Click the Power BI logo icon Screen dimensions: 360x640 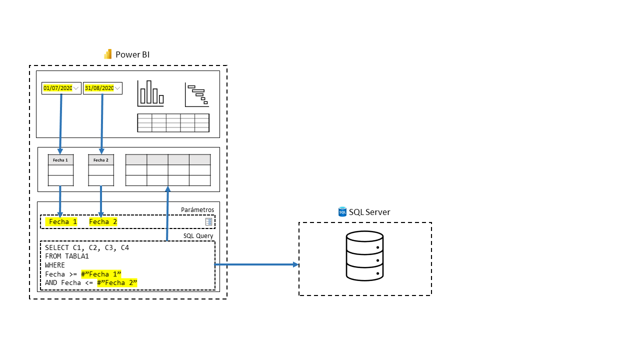pos(107,54)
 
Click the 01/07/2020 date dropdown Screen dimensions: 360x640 pos(61,88)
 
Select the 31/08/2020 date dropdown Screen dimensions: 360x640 pos(102,88)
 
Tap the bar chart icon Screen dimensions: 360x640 pos(150,93)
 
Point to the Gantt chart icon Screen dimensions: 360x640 pos(196,95)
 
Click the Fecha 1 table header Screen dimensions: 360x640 pos(60,160)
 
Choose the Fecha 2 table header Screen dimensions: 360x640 pos(101,160)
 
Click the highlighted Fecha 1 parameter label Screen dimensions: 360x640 pos(62,221)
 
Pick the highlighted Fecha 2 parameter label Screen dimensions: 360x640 pos(103,221)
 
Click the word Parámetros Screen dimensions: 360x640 pos(197,210)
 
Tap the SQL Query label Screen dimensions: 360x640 pos(198,236)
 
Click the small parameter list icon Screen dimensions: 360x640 pos(208,221)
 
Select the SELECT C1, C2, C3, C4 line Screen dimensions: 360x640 pos(87,247)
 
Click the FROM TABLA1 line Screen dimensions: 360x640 pos(66,256)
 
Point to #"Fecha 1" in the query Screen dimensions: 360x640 pos(101,274)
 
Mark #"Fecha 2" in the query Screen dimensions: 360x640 pos(117,283)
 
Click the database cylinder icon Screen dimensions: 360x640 pos(364,255)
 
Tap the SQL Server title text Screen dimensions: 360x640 pos(369,212)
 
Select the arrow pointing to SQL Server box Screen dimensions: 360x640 pos(256,264)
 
